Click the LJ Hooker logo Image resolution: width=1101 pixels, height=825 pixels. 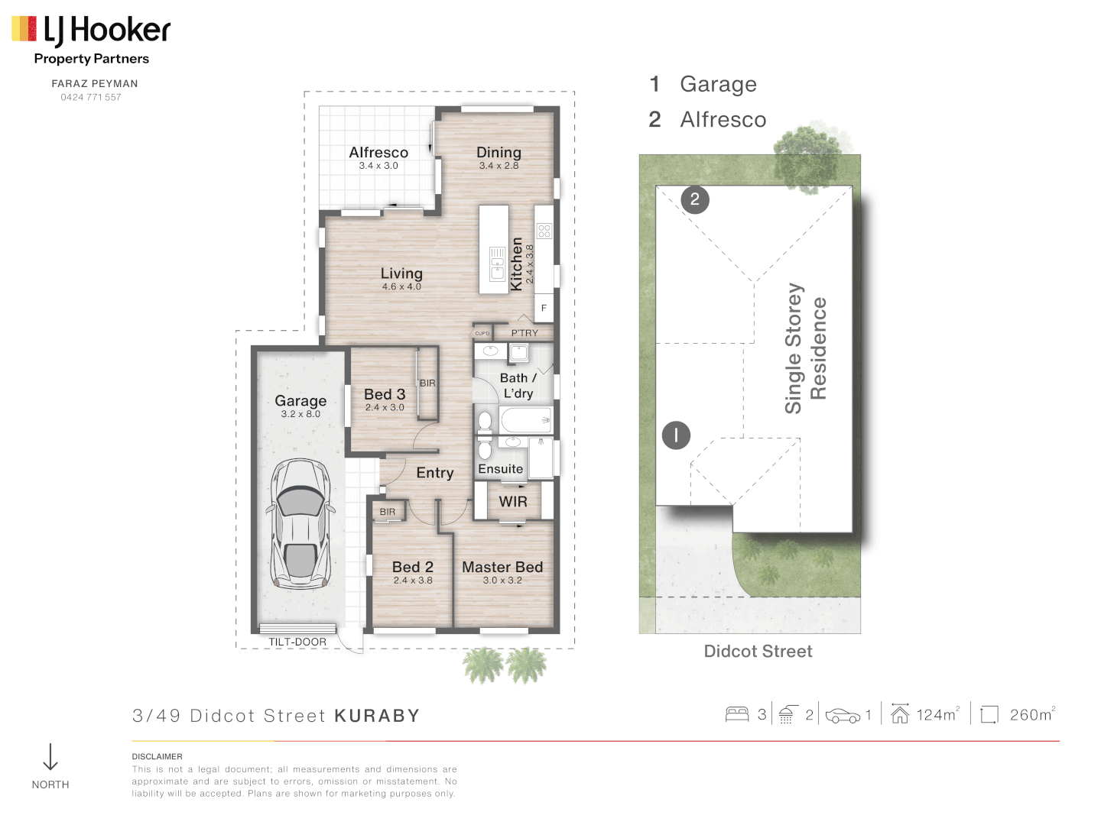pyautogui.click(x=91, y=31)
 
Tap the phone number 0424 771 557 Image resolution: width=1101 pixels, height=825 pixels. pyautogui.click(x=91, y=97)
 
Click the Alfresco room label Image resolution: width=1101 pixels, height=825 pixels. pyautogui.click(x=378, y=153)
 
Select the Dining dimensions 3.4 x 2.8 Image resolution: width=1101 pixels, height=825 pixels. pyautogui.click(x=499, y=166)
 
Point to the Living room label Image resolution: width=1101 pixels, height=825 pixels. pyautogui.click(x=401, y=273)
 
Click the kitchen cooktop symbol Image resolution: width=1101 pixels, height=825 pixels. pyautogui.click(x=544, y=231)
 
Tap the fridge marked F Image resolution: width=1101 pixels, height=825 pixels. pyautogui.click(x=544, y=308)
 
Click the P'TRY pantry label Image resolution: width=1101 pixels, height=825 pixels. pyautogui.click(x=525, y=333)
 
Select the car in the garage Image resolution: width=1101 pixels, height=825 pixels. pyautogui.click(x=300, y=523)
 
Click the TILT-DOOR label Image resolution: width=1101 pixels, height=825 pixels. pyautogui.click(x=297, y=642)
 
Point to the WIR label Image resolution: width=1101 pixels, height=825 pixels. pyautogui.click(x=513, y=502)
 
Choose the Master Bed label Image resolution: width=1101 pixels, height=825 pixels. pyautogui.click(x=502, y=567)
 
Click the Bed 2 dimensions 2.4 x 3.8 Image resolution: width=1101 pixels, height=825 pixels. pyautogui.click(x=413, y=581)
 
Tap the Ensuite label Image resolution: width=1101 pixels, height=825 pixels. pyautogui.click(x=501, y=469)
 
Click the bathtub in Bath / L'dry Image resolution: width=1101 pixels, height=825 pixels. pyautogui.click(x=525, y=419)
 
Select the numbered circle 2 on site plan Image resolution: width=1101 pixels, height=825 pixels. pyautogui.click(x=695, y=200)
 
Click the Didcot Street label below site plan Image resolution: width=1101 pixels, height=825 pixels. pyautogui.click(x=758, y=652)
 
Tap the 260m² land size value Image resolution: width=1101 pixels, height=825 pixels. pyautogui.click(x=1031, y=715)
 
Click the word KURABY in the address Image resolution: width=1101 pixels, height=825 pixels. pyautogui.click(x=377, y=716)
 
